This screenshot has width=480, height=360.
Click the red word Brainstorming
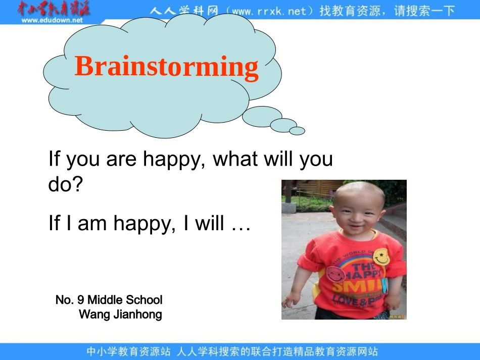click(166, 67)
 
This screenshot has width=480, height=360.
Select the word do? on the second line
click(65, 185)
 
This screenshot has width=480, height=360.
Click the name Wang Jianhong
click(120, 315)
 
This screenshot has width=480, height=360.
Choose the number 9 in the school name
click(80, 300)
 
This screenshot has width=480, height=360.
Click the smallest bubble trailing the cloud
click(297, 131)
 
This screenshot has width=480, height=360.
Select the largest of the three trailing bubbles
click(262, 116)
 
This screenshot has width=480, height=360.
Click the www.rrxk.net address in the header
click(268, 11)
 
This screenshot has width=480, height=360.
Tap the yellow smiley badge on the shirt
click(381, 256)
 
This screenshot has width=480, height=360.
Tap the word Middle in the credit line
click(105, 300)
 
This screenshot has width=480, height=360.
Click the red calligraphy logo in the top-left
click(53, 9)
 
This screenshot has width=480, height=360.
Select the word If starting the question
click(54, 160)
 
